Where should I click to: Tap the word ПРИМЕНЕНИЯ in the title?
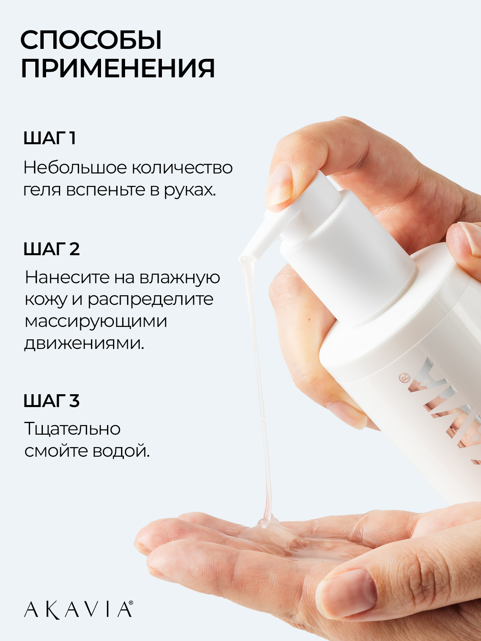point(118,69)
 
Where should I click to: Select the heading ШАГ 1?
point(50,138)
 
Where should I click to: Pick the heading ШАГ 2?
point(51,249)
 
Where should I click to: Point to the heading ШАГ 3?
point(51,401)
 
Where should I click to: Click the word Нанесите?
point(67,277)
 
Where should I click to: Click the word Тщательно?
point(72,429)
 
